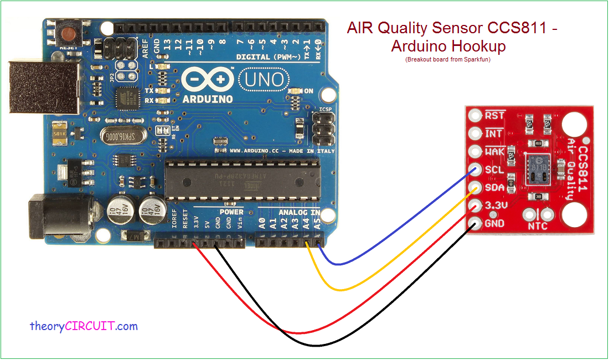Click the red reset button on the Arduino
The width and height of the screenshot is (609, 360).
[70, 34]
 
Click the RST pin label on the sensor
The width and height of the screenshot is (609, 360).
[494, 115]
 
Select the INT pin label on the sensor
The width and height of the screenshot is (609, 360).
[493, 133]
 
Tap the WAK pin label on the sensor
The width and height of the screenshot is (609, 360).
[494, 152]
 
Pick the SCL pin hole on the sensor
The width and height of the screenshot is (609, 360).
[474, 170]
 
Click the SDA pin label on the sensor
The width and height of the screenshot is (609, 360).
[494, 188]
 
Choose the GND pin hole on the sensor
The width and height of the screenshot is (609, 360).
[474, 224]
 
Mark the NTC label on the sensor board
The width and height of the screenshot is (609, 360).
[538, 227]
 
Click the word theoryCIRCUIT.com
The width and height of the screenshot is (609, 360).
[84, 326]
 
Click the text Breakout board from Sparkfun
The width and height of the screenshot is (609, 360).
[448, 60]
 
